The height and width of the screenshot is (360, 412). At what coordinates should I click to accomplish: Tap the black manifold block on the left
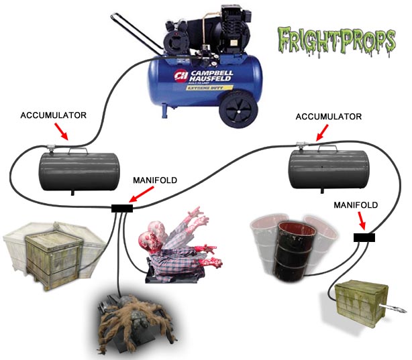122,208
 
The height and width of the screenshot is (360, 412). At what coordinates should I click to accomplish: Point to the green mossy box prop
362,302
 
